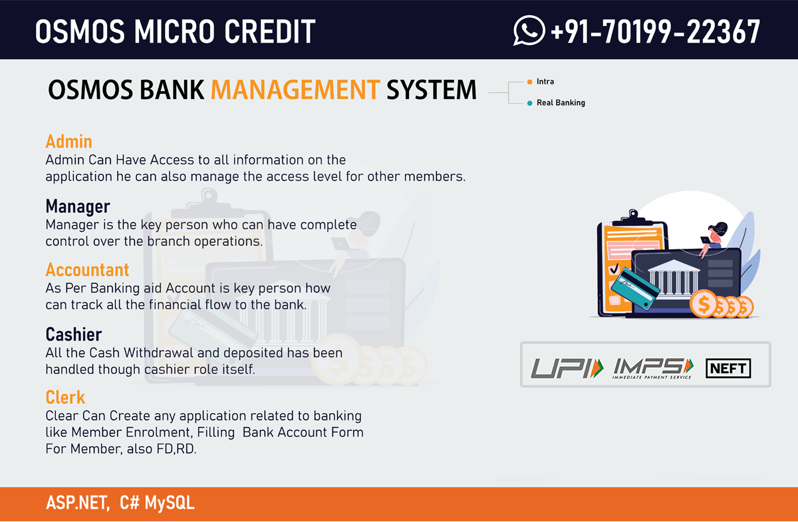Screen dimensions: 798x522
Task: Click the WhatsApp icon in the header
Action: (529, 31)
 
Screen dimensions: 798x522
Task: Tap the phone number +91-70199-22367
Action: (656, 31)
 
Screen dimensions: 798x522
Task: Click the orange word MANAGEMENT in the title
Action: (295, 89)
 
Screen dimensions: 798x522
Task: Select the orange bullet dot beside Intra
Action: (530, 82)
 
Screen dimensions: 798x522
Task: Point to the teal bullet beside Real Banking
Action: (530, 103)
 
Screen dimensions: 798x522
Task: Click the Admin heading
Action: (68, 142)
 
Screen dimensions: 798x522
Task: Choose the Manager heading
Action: (78, 206)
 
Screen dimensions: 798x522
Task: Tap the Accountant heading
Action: (87, 270)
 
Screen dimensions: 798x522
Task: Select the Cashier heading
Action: (74, 334)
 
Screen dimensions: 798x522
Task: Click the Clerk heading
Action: (65, 397)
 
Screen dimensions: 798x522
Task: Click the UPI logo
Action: (567, 368)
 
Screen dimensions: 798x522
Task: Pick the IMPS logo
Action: (653, 368)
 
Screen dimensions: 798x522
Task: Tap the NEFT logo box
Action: (728, 368)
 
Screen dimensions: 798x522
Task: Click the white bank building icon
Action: (673, 278)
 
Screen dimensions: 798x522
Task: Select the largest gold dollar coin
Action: (704, 304)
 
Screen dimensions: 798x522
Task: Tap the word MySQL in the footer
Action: (170, 503)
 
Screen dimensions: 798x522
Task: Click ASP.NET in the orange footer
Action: (78, 503)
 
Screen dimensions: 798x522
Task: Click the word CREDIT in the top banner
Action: (270, 31)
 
